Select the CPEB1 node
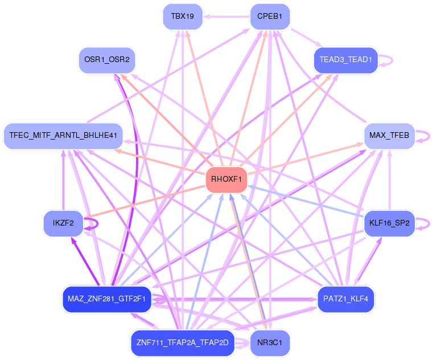(270, 17)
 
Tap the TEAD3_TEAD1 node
(345, 59)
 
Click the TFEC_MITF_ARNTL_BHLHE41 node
(63, 136)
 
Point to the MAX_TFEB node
(389, 136)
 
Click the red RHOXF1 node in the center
(227, 179)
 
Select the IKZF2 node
(63, 223)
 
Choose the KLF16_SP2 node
(389, 223)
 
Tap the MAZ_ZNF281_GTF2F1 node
(106, 298)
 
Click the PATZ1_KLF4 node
(345, 298)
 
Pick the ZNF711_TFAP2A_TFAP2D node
(182, 343)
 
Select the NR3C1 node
(270, 343)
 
